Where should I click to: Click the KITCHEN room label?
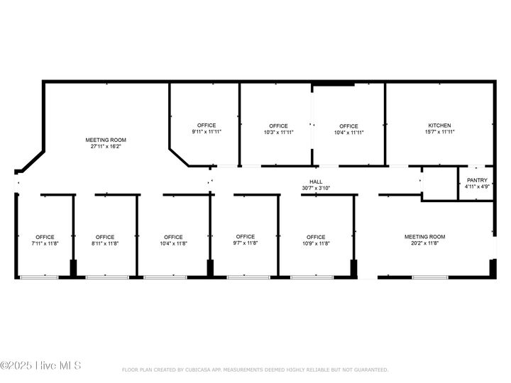tap(439, 126)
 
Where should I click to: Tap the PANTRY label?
tap(477, 180)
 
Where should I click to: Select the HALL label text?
tap(316, 182)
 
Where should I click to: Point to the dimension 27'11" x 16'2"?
tap(106, 147)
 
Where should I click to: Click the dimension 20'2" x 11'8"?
tap(424, 243)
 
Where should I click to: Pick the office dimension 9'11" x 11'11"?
tap(207, 132)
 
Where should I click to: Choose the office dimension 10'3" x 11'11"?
tap(278, 132)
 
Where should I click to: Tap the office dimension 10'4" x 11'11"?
tap(348, 132)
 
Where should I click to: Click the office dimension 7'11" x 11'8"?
tap(45, 243)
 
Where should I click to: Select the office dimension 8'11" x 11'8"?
tap(105, 243)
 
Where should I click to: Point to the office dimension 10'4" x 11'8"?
tap(173, 243)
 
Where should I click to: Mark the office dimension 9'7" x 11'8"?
tap(246, 243)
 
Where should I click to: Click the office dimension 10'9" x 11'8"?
tap(316, 243)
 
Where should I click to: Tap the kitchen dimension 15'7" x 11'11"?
tap(439, 132)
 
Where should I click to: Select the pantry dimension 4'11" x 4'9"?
tap(477, 187)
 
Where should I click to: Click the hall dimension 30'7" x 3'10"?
tap(316, 188)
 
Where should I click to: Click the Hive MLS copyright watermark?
tap(40, 366)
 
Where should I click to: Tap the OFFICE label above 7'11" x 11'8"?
tap(45, 237)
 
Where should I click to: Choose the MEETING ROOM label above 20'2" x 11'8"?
tap(424, 237)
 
